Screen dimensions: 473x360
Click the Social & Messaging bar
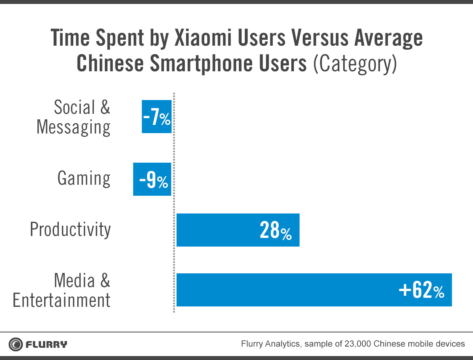[x=156, y=117]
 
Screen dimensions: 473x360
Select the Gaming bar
[x=152, y=179]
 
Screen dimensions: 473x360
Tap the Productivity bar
[x=238, y=230]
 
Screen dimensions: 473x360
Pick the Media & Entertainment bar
[x=314, y=290]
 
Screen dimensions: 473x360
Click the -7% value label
[x=156, y=117]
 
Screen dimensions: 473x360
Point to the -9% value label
[x=153, y=180]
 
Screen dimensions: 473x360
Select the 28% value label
[x=276, y=230]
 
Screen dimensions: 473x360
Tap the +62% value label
[x=421, y=290]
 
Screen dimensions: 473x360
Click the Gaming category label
[x=84, y=178]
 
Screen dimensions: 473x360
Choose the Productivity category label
[x=70, y=230]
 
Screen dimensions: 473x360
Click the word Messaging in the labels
[x=73, y=128]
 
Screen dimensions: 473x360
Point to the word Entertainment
[x=61, y=300]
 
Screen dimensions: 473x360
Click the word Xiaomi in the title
[x=203, y=38]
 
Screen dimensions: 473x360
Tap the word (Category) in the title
[x=355, y=64]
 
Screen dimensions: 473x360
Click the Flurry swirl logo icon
[x=16, y=344]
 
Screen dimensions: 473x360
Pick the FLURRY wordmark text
[x=47, y=345]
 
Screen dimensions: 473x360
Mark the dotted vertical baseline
[x=174, y=202]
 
